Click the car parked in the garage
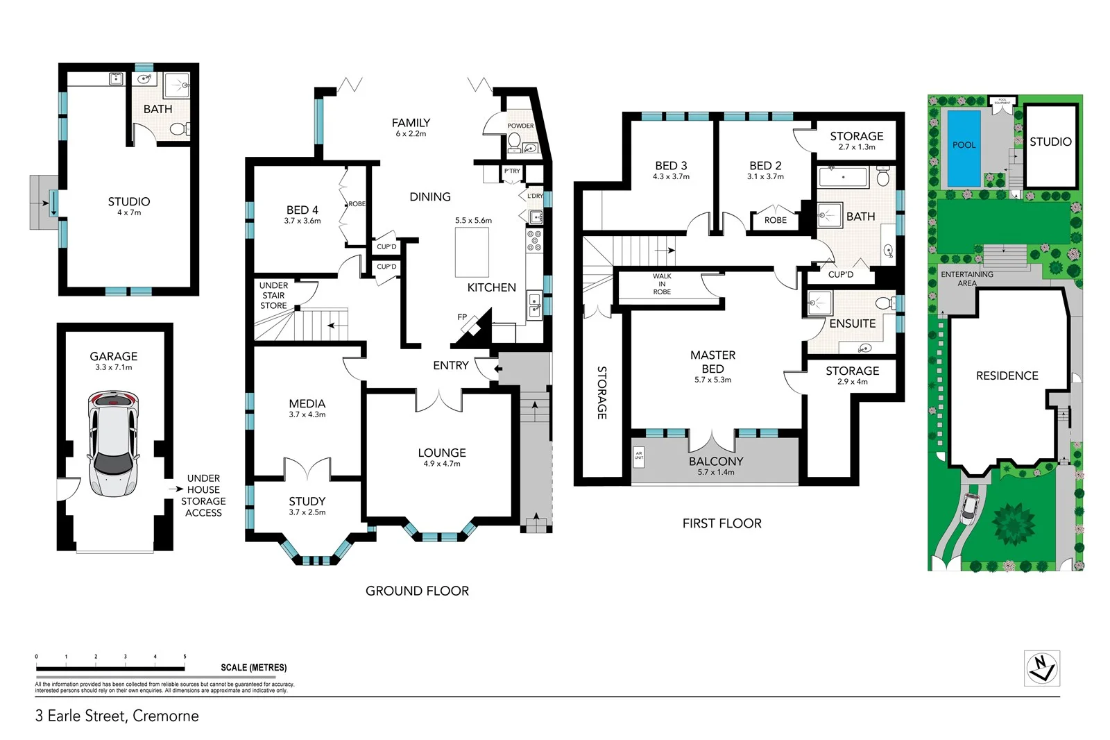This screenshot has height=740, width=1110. point(113,444)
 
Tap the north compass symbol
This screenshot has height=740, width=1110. point(1041,668)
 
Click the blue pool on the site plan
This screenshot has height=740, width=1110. point(964,148)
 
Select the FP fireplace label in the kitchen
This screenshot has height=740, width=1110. point(462,317)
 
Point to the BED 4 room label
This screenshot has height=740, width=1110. point(302,210)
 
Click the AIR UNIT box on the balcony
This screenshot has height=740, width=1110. point(639,456)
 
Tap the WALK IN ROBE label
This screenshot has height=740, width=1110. point(662,284)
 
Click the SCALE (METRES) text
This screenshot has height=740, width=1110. point(253,668)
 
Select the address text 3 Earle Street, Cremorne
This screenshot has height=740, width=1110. point(117,716)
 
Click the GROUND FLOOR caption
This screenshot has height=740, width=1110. point(417,591)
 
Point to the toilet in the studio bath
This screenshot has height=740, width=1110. point(178,128)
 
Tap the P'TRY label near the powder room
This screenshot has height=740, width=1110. point(512,171)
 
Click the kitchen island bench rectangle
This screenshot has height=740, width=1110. point(472,252)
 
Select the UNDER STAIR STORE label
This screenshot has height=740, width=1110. point(273,295)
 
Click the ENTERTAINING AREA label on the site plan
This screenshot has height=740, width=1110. point(967,278)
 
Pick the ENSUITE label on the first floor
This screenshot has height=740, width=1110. point(852,323)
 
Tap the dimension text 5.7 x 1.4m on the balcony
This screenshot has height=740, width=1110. point(715,473)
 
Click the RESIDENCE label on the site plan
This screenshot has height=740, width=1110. point(1007,376)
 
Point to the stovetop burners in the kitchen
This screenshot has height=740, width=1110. point(534,240)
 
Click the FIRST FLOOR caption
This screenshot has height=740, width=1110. point(721,523)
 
